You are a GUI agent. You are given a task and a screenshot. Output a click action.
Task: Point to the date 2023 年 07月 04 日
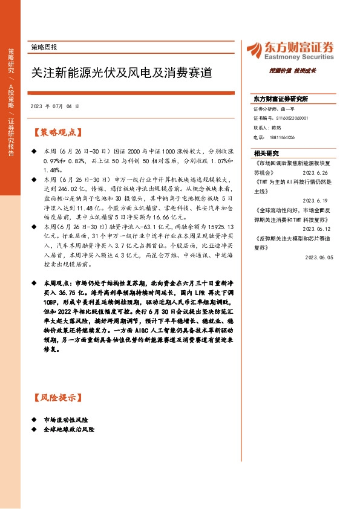coord(54,106)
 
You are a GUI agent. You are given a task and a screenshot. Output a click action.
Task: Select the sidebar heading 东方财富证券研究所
coord(281,98)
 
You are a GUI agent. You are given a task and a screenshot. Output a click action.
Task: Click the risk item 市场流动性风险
coord(67,420)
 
